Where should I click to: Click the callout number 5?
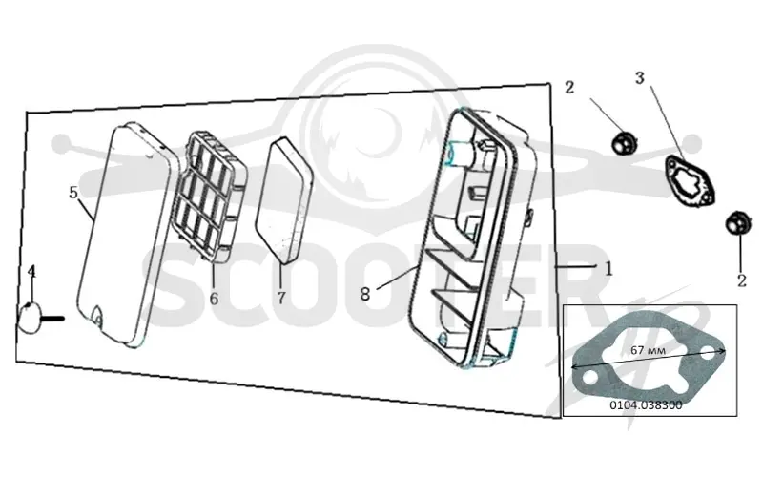(x=73, y=193)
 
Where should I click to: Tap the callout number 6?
(x=214, y=299)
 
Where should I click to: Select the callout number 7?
(x=281, y=298)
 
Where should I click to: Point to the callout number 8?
(x=365, y=294)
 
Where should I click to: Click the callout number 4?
(x=31, y=272)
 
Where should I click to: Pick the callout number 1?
(x=608, y=269)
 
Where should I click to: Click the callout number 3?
(x=639, y=77)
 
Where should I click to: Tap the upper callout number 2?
(x=568, y=87)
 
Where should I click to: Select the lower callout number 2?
(x=742, y=280)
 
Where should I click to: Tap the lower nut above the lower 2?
(x=737, y=223)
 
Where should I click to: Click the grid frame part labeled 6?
(x=213, y=197)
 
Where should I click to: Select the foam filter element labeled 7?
(x=284, y=199)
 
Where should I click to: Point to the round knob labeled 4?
(x=30, y=318)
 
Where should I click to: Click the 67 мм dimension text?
(x=649, y=350)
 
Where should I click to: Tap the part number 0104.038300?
(x=647, y=404)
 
